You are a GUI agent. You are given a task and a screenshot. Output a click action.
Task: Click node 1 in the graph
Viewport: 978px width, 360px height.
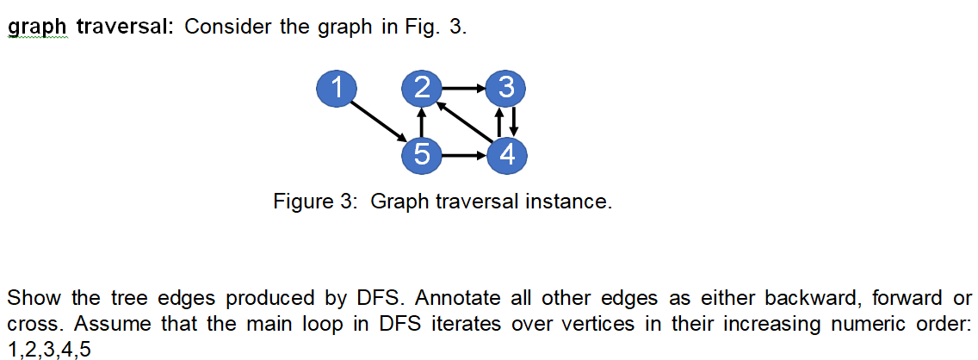point(337,87)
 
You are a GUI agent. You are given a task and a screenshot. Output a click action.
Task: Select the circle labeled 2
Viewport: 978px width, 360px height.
point(422,87)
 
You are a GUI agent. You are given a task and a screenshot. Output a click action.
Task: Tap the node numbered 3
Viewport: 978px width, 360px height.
point(505,87)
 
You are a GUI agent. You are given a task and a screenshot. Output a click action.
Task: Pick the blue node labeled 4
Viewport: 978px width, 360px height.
point(505,155)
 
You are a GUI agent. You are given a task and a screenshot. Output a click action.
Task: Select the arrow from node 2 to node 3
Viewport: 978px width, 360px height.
point(463,87)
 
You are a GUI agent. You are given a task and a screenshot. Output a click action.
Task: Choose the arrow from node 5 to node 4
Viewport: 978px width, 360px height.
point(463,156)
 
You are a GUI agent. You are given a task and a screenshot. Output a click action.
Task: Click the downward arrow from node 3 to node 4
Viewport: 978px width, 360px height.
point(513,121)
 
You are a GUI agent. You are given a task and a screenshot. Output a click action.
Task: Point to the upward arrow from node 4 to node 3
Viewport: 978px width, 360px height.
point(498,121)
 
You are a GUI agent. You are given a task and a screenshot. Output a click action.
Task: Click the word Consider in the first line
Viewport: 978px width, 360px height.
point(226,27)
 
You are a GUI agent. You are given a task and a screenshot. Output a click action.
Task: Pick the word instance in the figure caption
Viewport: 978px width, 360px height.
point(570,202)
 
